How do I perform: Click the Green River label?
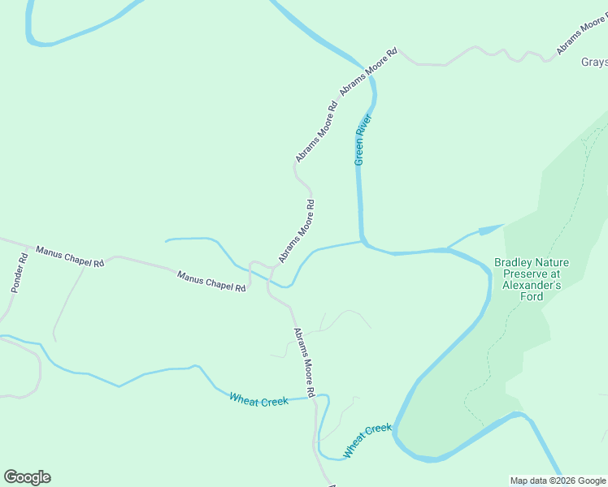[x=363, y=140]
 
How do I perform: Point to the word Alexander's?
[x=532, y=286]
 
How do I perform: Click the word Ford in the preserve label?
[x=532, y=297]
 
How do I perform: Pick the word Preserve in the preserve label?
[x=518, y=274]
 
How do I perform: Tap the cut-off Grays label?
[x=593, y=62]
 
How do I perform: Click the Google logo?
[x=27, y=477]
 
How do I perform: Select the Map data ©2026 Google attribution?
[x=558, y=481]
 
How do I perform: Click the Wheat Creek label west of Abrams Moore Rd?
[x=258, y=400]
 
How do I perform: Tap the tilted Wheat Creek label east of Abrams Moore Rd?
[x=367, y=440]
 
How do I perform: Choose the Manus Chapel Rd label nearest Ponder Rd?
[x=70, y=256]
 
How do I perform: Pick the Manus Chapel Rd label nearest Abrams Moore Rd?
[x=211, y=282]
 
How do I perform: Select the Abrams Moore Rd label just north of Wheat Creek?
[x=304, y=362]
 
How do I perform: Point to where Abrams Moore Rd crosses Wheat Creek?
[x=316, y=397]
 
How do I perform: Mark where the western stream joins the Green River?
[x=362, y=241]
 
